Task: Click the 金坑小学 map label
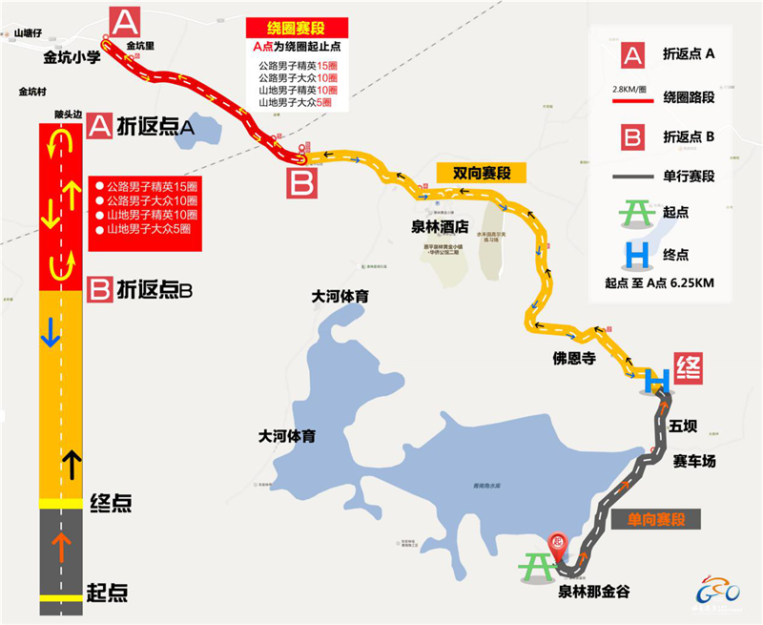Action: (x=72, y=57)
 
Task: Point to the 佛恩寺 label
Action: (x=574, y=359)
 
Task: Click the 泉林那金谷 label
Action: (x=599, y=589)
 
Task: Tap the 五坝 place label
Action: (x=684, y=425)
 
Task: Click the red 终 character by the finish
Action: (x=689, y=367)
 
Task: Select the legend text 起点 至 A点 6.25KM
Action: (x=660, y=282)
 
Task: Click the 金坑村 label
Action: (x=33, y=93)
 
